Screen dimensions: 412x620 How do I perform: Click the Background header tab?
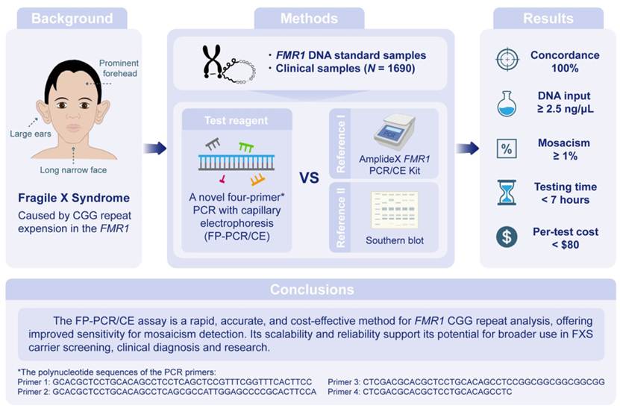(72, 18)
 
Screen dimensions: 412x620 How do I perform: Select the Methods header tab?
(309, 18)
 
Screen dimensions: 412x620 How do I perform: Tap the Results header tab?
(548, 18)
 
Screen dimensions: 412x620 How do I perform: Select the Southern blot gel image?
(395, 211)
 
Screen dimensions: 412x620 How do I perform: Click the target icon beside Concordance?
(507, 60)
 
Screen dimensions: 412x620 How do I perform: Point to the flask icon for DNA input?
(507, 104)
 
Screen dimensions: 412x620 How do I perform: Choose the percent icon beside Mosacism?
(507, 148)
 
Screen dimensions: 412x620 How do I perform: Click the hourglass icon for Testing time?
(507, 193)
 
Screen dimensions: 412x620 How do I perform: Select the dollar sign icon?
(507, 237)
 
